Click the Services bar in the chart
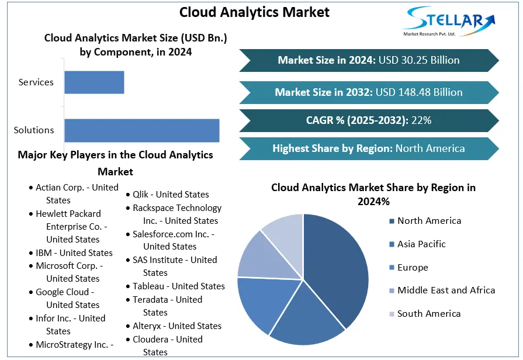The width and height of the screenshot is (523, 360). click(x=94, y=82)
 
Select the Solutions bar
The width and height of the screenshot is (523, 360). click(x=142, y=130)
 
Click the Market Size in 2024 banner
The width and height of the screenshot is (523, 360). click(x=369, y=60)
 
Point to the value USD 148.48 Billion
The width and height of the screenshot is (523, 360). click(x=419, y=92)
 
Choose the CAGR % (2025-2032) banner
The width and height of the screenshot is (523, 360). click(x=369, y=120)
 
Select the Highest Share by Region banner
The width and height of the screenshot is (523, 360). click(x=369, y=148)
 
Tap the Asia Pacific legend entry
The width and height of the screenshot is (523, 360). click(x=417, y=244)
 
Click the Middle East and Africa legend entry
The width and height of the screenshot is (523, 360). click(x=442, y=290)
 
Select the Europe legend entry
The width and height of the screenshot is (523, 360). click(x=408, y=268)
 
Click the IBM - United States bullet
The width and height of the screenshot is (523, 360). click(x=71, y=253)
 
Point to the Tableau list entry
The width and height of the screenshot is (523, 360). click(x=175, y=286)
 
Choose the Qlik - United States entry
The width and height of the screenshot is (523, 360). click(x=168, y=195)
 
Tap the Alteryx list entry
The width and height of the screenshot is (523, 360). click(x=174, y=326)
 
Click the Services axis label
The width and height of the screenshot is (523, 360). click(x=36, y=82)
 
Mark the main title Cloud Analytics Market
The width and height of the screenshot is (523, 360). click(x=255, y=12)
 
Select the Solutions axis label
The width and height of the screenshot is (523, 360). click(x=34, y=130)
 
